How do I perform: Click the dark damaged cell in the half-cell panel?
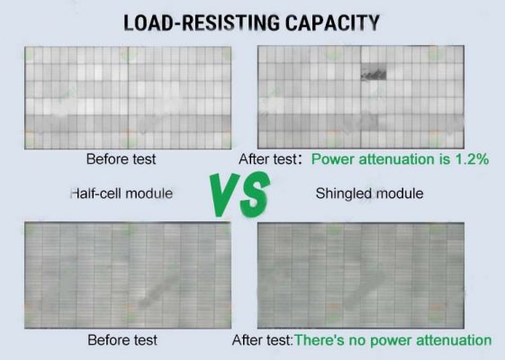[x=374, y=72]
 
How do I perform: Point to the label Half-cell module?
[x=122, y=193]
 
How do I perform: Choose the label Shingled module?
[x=369, y=193]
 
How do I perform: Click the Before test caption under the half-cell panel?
[x=122, y=159]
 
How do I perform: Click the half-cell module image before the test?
[x=128, y=97]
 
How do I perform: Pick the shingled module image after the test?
[x=361, y=275]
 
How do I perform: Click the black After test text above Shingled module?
[x=267, y=159]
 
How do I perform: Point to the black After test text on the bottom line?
[x=262, y=340]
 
